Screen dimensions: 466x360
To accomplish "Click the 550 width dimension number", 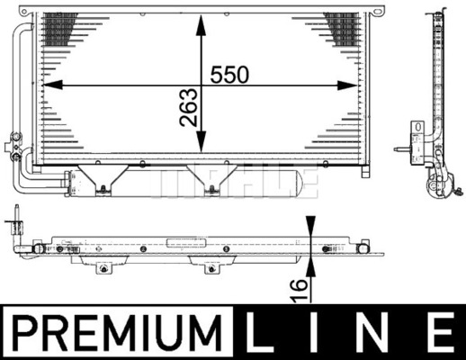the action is tap(229, 75).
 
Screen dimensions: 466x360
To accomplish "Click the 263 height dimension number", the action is tap(189, 107).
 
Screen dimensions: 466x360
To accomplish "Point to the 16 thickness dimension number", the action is tap(299, 290).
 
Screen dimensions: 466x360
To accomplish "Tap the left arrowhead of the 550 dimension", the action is tap(53, 85).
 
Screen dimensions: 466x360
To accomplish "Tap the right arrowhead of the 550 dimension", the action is tap(347, 85).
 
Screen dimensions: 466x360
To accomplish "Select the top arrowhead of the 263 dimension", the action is tap(201, 25).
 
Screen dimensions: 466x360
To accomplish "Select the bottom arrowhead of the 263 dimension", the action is tap(202, 141).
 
